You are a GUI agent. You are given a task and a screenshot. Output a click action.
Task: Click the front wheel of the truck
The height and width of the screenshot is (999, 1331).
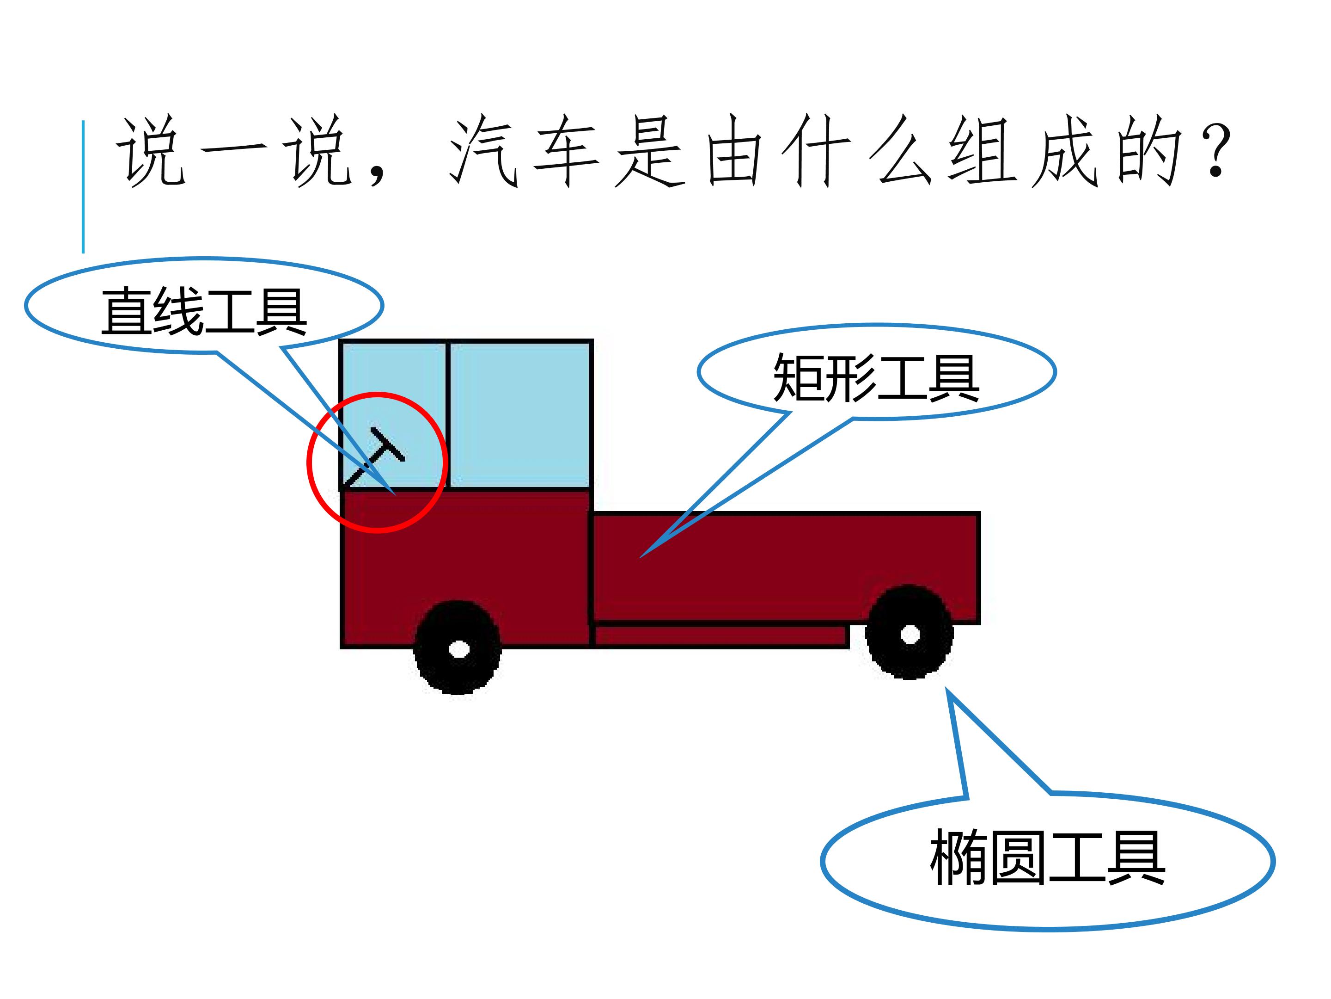tap(458, 648)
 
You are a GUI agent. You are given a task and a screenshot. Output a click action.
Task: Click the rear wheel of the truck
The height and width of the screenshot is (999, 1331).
tap(909, 632)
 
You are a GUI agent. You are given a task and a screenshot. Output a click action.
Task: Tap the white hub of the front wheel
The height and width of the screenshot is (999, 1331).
tap(459, 650)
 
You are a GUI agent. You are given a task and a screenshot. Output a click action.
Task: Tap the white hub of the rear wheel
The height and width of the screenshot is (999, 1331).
tap(910, 634)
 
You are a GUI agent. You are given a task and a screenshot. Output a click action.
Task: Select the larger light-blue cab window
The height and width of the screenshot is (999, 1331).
tap(519, 415)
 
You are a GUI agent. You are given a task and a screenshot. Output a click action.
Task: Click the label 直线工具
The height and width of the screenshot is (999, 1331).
tap(203, 311)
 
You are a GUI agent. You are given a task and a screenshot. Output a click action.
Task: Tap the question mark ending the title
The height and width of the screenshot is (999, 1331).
tap(1215, 150)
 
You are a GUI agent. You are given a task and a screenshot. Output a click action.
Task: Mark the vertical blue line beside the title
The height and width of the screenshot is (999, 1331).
tap(83, 187)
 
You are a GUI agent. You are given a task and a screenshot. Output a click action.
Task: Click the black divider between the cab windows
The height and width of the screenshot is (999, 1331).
tap(448, 415)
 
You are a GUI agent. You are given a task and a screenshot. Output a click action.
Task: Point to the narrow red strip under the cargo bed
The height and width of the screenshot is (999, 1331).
tap(721, 636)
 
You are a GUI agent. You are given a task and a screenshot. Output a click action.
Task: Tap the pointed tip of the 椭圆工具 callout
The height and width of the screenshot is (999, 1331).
tap(946, 688)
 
